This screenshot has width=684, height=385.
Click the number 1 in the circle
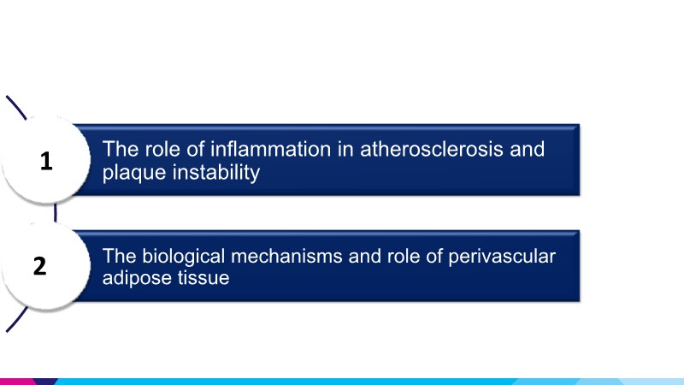[46, 161]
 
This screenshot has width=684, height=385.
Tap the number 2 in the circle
[39, 266]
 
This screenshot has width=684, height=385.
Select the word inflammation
[270, 149]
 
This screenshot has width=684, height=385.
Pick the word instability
[216, 173]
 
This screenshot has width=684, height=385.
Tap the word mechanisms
[286, 256]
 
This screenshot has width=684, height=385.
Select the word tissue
[203, 278]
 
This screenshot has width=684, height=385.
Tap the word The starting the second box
[120, 256]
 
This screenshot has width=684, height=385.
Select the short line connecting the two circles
[56, 213]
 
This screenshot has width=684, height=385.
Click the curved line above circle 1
[16, 108]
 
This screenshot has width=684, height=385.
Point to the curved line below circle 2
[17, 319]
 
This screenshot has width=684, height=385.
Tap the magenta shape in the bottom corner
[18, 382]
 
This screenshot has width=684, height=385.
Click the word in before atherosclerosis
[345, 149]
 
